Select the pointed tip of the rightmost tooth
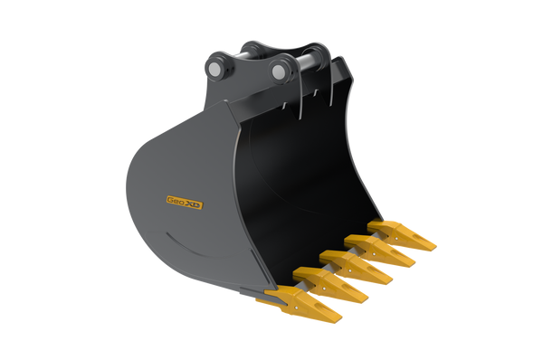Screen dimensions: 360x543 click(436, 246)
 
